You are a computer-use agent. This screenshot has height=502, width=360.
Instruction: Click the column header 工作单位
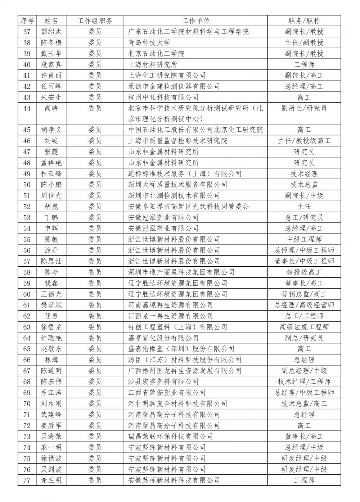click(195, 21)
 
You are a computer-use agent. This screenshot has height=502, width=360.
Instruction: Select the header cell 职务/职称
click(304, 21)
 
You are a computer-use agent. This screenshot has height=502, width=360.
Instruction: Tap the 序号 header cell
click(27, 21)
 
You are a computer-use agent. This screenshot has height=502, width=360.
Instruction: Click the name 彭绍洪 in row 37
click(51, 32)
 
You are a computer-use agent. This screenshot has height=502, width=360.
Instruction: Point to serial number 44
click(27, 108)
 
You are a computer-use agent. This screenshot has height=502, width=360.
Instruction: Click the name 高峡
click(51, 108)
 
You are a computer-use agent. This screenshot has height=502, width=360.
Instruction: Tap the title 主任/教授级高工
click(304, 141)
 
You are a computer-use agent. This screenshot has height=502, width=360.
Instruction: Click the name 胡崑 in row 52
click(51, 207)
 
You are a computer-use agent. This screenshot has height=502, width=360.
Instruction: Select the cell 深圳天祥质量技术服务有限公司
click(178, 185)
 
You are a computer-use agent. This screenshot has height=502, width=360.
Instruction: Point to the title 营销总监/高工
click(304, 294)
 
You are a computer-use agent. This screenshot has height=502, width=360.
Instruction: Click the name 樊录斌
click(51, 305)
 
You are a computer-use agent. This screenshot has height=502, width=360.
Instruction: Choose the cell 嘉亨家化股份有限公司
click(163, 338)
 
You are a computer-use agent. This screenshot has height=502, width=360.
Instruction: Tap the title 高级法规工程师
click(304, 327)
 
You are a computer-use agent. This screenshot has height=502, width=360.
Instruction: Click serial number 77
click(27, 480)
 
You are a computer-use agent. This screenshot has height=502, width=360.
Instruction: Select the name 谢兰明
click(51, 480)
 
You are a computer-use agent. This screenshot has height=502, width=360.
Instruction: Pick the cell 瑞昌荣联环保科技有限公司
click(171, 437)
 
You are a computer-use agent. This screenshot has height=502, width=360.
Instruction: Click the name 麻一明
click(51, 447)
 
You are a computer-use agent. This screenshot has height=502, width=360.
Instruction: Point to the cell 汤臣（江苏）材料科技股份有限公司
click(185, 360)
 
